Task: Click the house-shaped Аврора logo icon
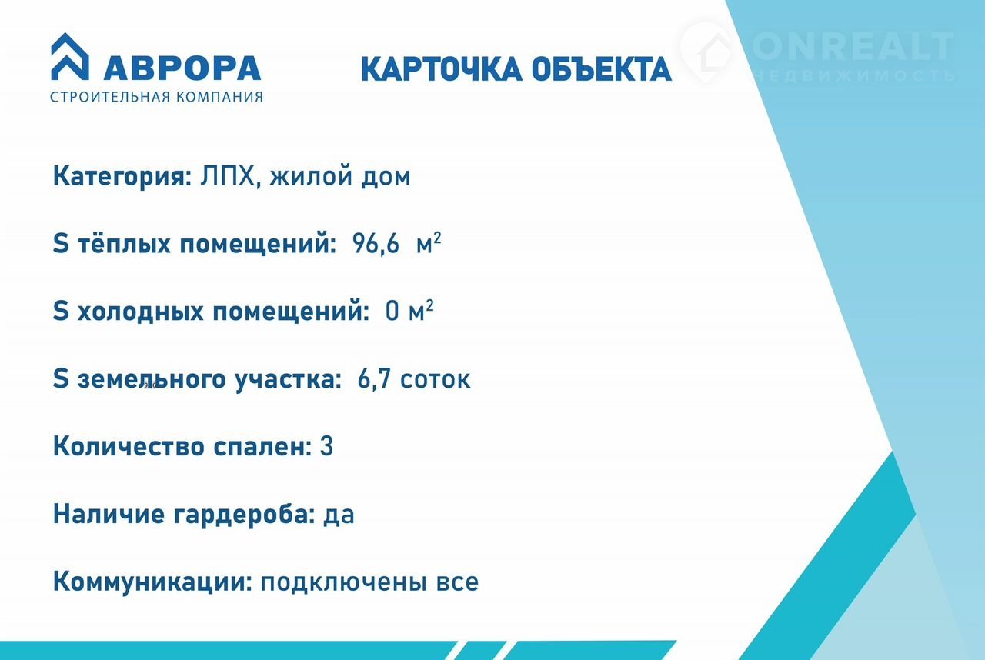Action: coord(70,57)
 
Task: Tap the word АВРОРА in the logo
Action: coord(182,68)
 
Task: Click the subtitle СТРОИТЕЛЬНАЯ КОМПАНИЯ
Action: coord(156,97)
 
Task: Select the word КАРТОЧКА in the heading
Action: coord(442,69)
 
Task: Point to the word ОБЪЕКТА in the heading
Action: coord(602,69)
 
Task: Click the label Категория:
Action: coord(122,176)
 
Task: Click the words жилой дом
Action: coord(340,176)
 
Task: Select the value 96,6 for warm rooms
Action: coord(376,244)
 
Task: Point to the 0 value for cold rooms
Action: coord(392,311)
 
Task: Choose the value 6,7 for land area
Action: coord(374,378)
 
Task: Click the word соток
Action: coord(436,380)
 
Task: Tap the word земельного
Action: coord(152,380)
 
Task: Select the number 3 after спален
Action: coord(327,446)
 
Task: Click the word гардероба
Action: coord(245,514)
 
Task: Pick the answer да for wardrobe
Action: coord(339,515)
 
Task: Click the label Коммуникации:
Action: coord(152,582)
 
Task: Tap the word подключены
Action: coord(344,582)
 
